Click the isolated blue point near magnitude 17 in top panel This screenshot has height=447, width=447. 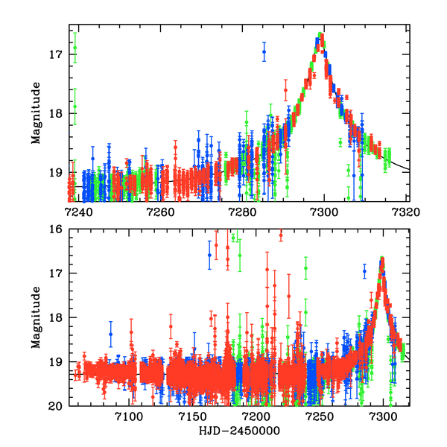[264, 52]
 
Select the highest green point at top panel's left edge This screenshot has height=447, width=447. [74, 48]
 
